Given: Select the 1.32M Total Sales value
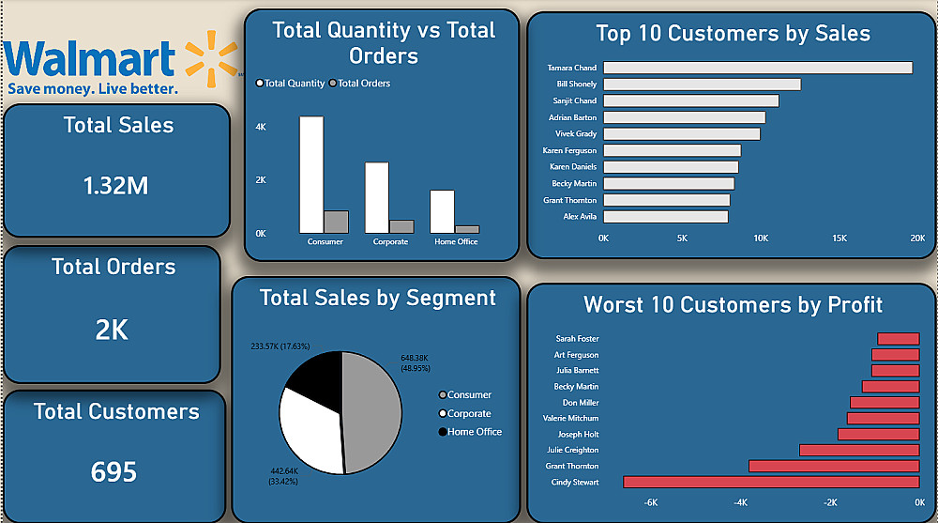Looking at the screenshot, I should [x=116, y=186].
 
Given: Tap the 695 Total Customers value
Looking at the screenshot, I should [x=114, y=471].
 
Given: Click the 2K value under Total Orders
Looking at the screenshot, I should [x=112, y=330].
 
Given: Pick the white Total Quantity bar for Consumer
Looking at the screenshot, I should [x=311, y=175].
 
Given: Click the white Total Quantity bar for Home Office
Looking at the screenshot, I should [x=443, y=211].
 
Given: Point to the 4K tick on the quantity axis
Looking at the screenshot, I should [x=261, y=127].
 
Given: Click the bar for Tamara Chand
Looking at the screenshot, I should [x=758, y=68].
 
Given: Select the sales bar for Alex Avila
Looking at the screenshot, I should [x=666, y=217].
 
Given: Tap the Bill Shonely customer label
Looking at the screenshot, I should [x=576, y=85].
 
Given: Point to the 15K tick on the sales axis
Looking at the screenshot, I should [x=840, y=238].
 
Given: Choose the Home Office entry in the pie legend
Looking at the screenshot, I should [x=474, y=432].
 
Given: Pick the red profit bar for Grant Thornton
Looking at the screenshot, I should [x=834, y=466].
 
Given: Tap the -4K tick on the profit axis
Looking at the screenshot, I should [x=741, y=502].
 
